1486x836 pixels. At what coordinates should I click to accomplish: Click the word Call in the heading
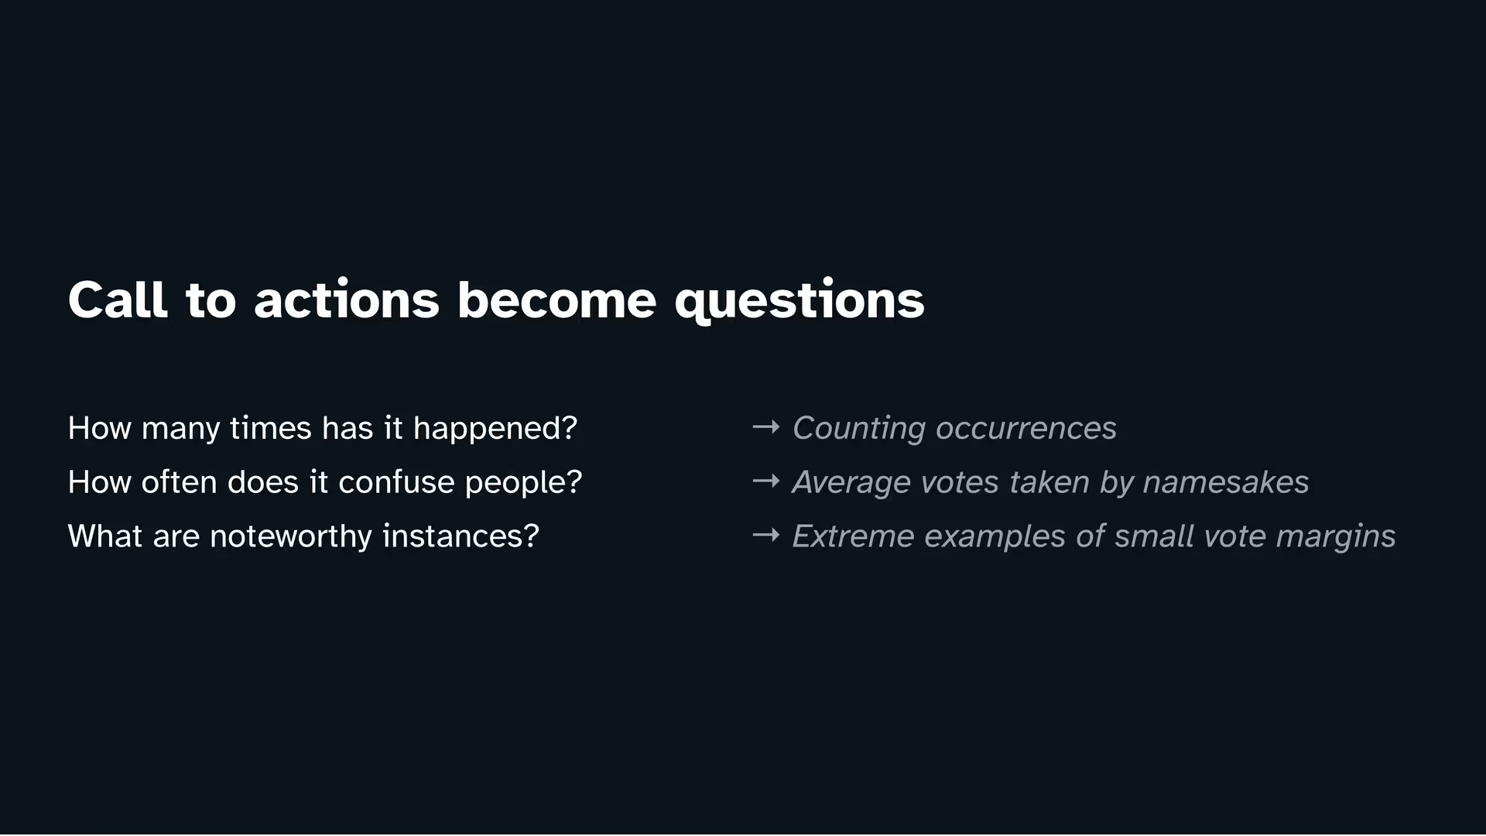coord(118,300)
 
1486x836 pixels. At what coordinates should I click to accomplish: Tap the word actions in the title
coord(347,300)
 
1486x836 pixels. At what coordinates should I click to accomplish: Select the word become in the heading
coord(556,300)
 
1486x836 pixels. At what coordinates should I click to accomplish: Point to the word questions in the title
coord(799,301)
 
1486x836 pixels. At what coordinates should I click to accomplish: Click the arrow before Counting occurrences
coord(766,427)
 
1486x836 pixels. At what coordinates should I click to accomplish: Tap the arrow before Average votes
coord(766,481)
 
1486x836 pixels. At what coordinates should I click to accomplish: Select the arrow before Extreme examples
coord(766,535)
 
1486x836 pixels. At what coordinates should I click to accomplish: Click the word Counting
coord(859,429)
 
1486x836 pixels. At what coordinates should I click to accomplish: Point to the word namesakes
coord(1226,482)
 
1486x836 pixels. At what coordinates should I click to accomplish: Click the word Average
coord(851,483)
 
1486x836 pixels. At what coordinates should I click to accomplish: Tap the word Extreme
coord(853,536)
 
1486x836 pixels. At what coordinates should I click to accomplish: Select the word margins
coord(1336,537)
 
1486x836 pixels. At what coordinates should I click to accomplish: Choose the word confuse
coord(396,482)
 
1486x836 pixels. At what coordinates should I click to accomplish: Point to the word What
coord(105,536)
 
